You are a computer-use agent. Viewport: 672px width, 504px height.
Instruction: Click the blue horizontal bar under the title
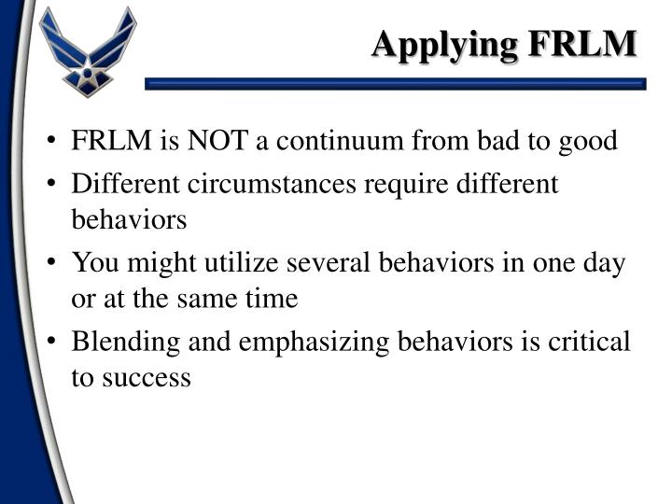396,84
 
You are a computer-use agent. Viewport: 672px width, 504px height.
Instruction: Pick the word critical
594,342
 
